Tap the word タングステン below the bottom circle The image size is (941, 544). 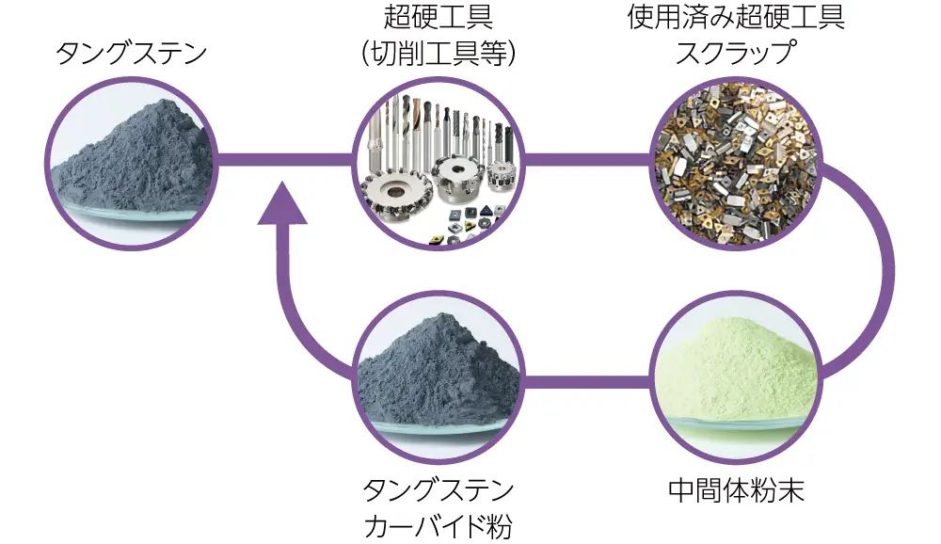tap(438, 491)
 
